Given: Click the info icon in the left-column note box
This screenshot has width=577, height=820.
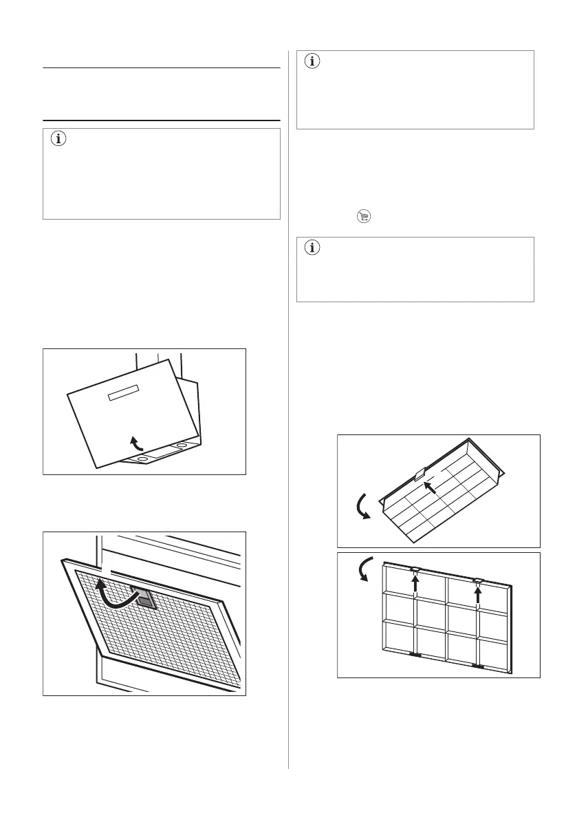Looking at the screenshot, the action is (58, 139).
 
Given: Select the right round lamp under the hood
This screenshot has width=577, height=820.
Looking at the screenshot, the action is (182, 446).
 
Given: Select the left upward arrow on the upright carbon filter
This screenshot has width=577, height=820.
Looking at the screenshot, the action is (415, 587).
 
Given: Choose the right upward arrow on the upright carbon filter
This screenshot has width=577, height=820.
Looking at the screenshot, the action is (479, 591).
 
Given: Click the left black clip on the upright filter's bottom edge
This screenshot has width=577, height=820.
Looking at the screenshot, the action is (415, 655).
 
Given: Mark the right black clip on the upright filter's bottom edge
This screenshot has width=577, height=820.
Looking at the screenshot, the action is (479, 666).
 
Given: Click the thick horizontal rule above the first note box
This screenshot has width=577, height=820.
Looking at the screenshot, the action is (162, 120).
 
